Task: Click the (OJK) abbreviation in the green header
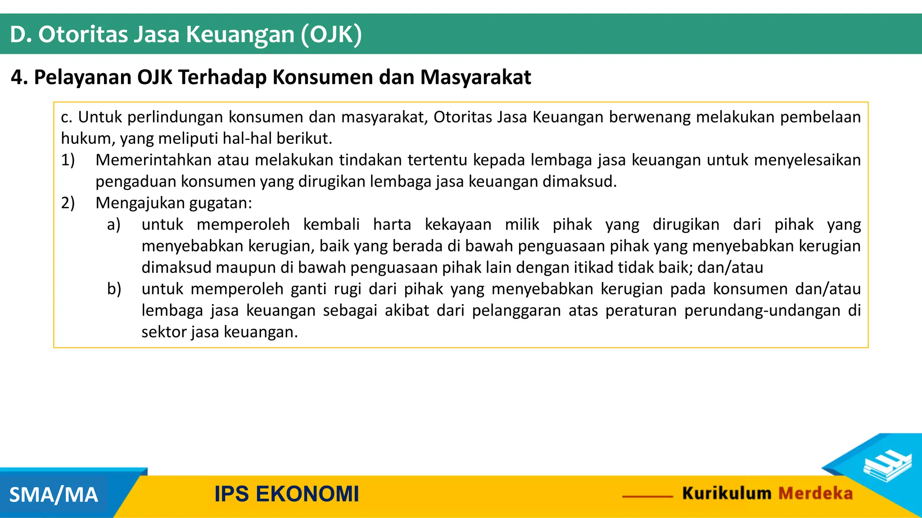coord(331,35)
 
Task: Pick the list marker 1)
coord(68,160)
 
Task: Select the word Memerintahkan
coord(153,160)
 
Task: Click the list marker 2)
coord(68,203)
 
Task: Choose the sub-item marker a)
coord(114,224)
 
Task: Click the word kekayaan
coord(458,224)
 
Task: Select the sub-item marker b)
coord(114,289)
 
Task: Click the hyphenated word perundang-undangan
coord(762,311)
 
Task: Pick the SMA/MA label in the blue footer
coord(54,495)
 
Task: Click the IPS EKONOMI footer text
coord(287,494)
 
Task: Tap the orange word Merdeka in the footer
coord(815,493)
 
